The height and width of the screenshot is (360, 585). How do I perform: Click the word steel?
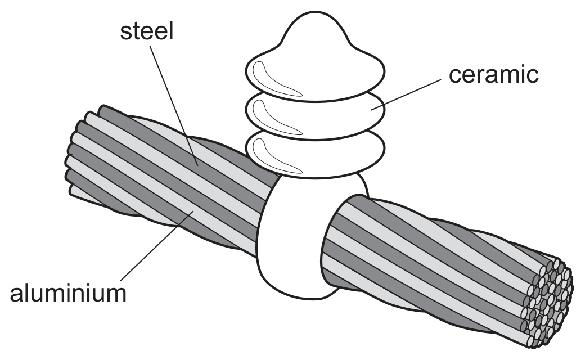click(147, 31)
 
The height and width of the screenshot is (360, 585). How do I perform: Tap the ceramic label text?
click(494, 74)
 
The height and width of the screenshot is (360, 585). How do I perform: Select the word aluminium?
click(68, 293)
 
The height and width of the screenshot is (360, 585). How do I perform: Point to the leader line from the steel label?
click(173, 106)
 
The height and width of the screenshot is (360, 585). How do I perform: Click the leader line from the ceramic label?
click(406, 94)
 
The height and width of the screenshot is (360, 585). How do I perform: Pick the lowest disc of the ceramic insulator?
click(315, 154)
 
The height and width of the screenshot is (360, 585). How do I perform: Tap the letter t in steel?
click(135, 31)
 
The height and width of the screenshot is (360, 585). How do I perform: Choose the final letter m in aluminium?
click(116, 295)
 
